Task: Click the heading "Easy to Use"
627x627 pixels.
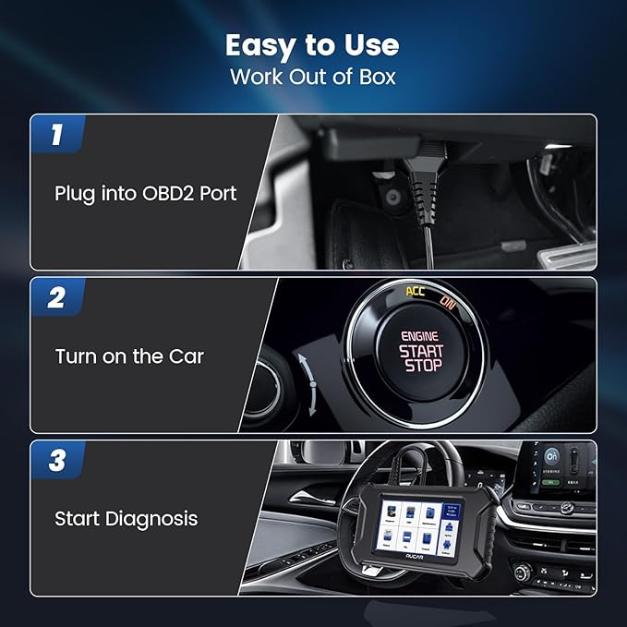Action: pos(313,44)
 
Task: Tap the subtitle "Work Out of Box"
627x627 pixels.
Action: pos(313,76)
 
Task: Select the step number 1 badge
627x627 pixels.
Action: pos(57,135)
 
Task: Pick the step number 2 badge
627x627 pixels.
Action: pos(57,297)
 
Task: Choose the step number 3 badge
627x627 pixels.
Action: pos(57,460)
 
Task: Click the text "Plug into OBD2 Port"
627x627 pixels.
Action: pos(146,193)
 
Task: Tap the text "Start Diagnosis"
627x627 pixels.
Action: pos(127,518)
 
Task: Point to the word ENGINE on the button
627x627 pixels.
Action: pos(421,337)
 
